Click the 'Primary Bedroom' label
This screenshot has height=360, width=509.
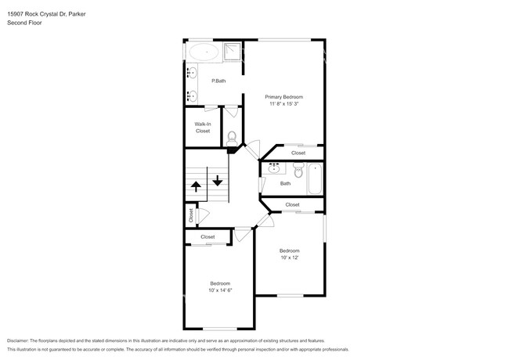(x=283, y=96)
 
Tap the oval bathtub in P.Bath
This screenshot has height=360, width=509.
(x=204, y=53)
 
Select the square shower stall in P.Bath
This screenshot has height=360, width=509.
(x=233, y=52)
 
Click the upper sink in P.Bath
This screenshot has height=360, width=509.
(x=191, y=74)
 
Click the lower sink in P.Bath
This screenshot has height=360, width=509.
(x=191, y=96)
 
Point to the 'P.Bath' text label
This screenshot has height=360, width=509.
(x=218, y=81)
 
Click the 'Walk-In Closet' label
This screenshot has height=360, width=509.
(x=203, y=128)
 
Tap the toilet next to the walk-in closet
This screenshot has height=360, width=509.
(x=231, y=138)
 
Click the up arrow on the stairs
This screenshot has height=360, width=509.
(x=195, y=186)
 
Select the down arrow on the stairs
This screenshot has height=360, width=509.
(x=217, y=178)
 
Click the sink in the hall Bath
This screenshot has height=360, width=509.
(x=275, y=168)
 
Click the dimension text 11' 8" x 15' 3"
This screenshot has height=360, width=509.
(x=283, y=103)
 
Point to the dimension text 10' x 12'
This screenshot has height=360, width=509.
(x=290, y=257)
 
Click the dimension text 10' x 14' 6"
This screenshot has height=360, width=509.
(x=220, y=290)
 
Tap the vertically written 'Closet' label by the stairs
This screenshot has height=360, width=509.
(x=190, y=214)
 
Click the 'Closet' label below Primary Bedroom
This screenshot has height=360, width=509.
(x=298, y=153)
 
